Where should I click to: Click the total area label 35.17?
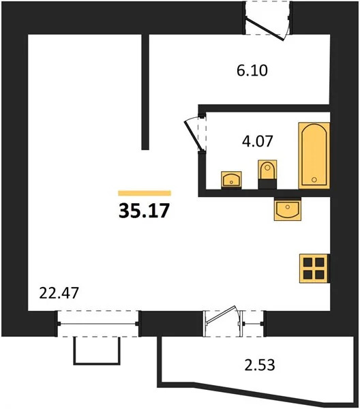point(145,210)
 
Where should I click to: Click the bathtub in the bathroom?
point(314,155)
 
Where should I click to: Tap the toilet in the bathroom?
point(267,173)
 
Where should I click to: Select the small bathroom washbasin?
point(232,179)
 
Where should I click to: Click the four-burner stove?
point(314,267)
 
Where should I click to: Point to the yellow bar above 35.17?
point(145,193)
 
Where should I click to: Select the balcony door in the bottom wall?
point(222,321)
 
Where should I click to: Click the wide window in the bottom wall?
point(98,320)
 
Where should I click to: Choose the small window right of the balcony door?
point(253,320)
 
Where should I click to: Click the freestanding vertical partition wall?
point(145,91)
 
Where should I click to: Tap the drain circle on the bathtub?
point(314,179)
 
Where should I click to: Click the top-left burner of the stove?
point(308,261)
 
